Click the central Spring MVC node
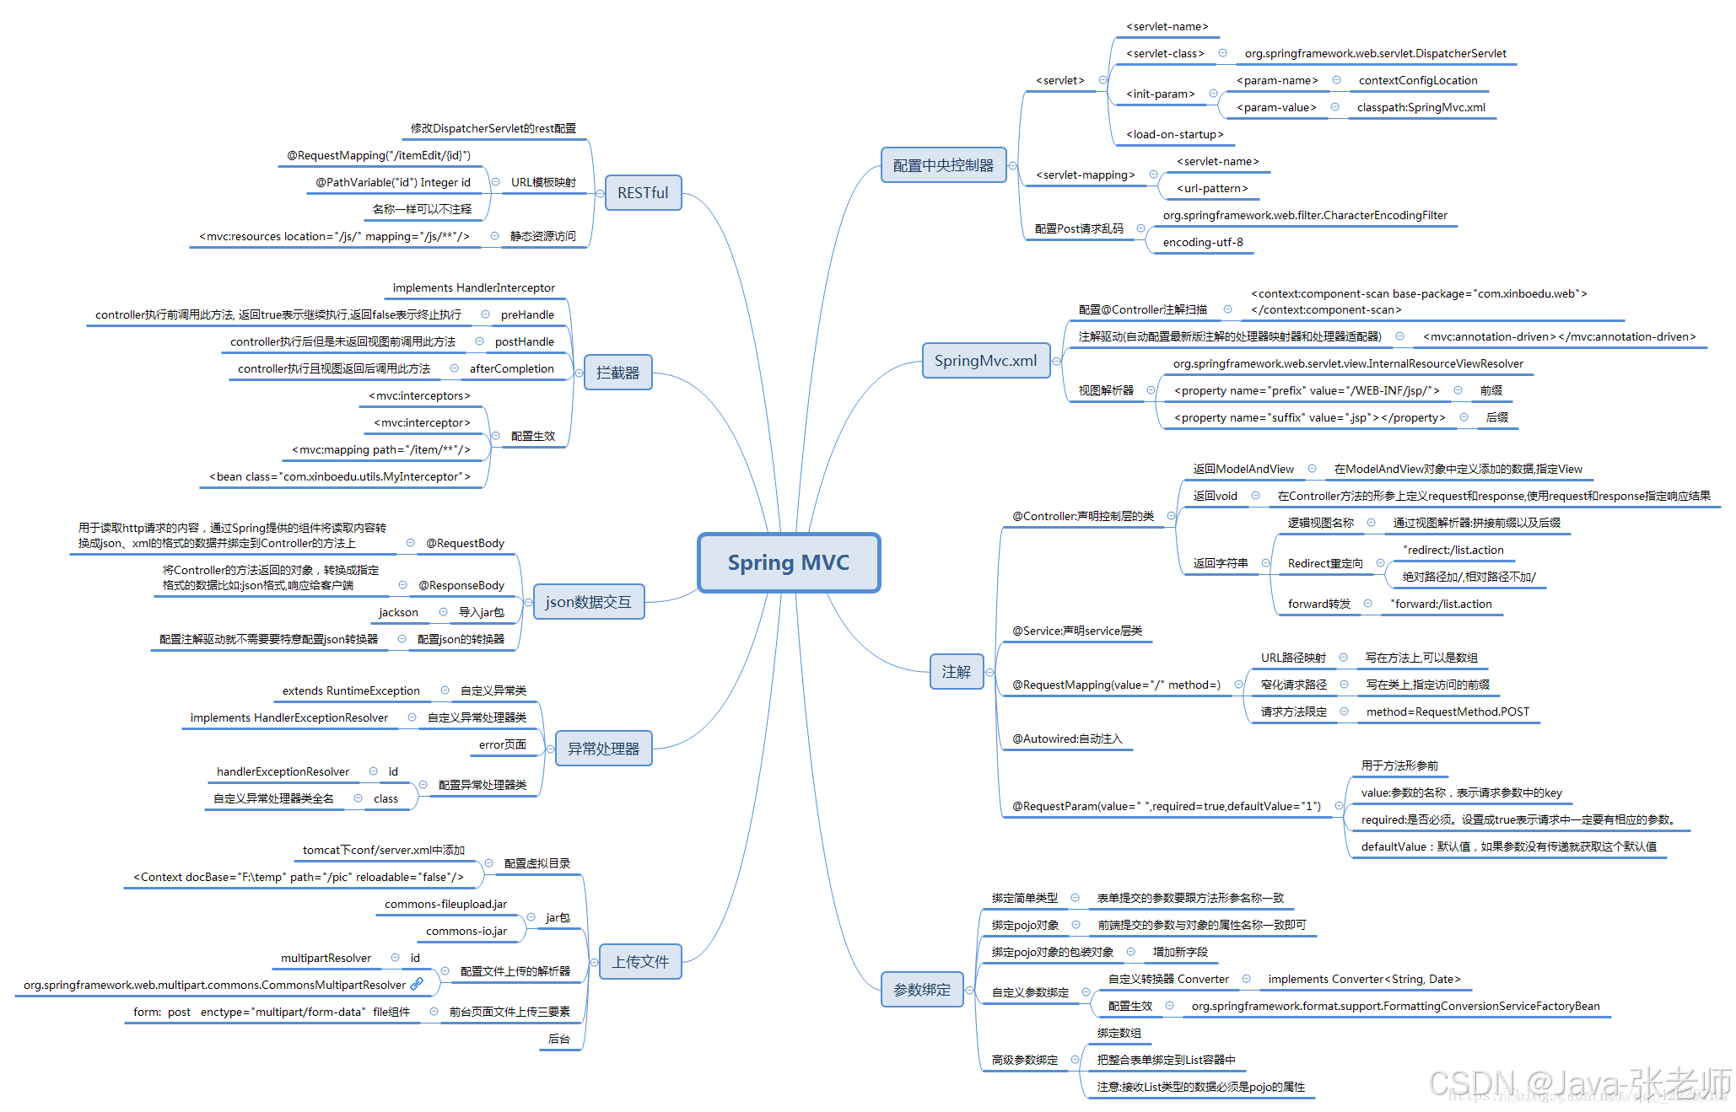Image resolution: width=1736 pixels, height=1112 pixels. tap(789, 562)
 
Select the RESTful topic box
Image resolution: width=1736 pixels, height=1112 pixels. tap(643, 193)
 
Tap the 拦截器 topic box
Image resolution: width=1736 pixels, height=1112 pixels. tap(617, 373)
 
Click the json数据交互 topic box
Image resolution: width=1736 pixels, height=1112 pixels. tap(588, 602)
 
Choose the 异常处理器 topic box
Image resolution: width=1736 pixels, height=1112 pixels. tap(603, 749)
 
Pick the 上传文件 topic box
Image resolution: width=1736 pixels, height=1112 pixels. tap(640, 962)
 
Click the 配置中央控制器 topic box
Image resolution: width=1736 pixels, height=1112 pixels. tap(943, 165)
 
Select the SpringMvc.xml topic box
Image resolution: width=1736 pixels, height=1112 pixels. tap(985, 361)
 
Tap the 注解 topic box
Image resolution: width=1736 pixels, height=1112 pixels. tap(956, 672)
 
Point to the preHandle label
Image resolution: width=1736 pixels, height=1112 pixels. tap(527, 315)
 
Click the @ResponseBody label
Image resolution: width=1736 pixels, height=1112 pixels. tap(461, 586)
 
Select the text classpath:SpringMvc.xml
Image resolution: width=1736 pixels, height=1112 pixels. tap(1421, 108)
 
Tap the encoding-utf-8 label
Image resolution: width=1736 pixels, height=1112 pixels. tap(1202, 243)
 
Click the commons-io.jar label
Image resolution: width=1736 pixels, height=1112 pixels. tap(466, 932)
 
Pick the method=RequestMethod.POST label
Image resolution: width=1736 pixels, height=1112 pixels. tap(1447, 712)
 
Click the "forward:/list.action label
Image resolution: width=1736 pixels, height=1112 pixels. tap(1441, 604)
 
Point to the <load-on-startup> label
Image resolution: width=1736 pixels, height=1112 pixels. tap(1174, 135)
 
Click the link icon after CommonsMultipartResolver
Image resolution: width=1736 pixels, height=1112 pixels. tap(417, 984)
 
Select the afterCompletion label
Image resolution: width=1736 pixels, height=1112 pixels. tap(511, 369)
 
